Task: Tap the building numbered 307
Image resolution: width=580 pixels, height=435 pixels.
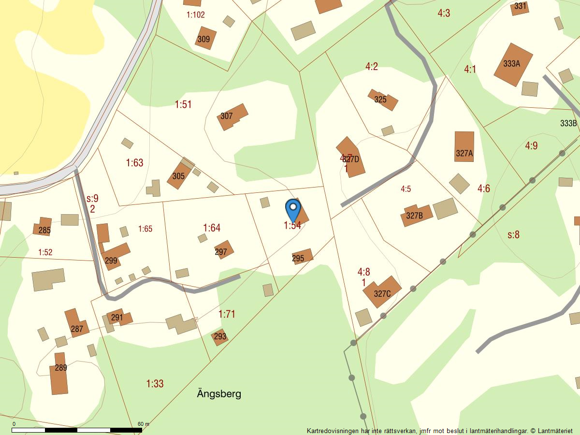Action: pos(232,116)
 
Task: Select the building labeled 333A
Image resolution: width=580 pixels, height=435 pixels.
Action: pos(512,64)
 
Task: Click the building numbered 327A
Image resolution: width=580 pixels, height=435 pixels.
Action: pos(464,147)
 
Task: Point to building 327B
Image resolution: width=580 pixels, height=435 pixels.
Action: pos(415,216)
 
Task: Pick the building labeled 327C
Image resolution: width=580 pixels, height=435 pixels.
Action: pos(382,291)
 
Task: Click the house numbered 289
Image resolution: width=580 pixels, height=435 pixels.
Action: pos(59,374)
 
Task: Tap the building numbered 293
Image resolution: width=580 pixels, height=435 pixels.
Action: pos(220,336)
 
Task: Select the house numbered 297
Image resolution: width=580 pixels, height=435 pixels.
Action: pos(223,250)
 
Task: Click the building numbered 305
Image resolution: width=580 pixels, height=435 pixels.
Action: pos(179,175)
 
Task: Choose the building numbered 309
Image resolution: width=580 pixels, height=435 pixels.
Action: pos(205,39)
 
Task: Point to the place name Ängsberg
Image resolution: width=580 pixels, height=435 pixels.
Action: pos(219,393)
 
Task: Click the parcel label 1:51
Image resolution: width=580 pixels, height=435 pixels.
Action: pos(183,104)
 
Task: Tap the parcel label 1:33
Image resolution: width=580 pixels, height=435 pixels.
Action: pos(155,384)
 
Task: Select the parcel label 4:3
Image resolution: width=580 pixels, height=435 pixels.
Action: pos(444,13)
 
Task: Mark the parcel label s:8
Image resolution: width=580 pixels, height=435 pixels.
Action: pos(513,235)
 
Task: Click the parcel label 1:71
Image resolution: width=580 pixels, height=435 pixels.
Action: pos(227,314)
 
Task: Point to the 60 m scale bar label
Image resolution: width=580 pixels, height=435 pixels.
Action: pos(144,424)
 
